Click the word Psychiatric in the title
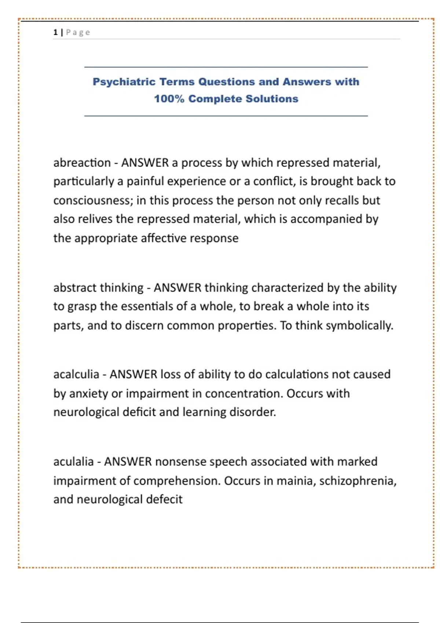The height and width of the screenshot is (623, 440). [x=124, y=82]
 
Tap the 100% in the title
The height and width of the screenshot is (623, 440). [x=169, y=99]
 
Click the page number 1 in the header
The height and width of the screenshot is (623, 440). [x=55, y=32]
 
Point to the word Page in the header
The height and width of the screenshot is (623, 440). [x=78, y=32]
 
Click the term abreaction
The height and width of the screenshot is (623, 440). [x=82, y=162]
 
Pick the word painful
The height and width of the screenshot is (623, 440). [x=145, y=181]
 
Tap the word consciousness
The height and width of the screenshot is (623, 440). [x=93, y=200]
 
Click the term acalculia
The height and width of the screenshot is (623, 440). [x=76, y=374]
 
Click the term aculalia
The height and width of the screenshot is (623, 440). [x=73, y=461]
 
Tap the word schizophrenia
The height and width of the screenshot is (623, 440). [x=357, y=481]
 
